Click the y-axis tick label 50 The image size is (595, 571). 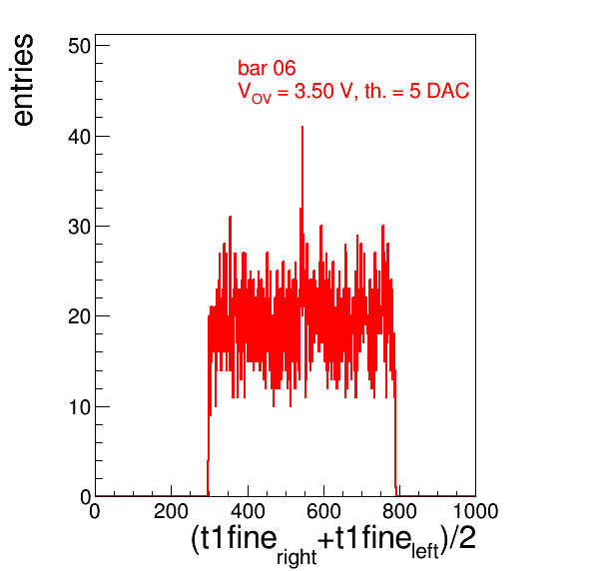coord(80,47)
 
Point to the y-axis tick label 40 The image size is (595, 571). coord(80,137)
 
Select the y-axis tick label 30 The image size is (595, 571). coord(80,227)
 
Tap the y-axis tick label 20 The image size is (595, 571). coord(80,316)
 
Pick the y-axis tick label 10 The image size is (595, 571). coord(80,407)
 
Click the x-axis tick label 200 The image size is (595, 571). coord(171,511)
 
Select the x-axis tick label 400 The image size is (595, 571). coord(248,511)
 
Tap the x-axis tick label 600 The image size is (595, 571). coord(323,511)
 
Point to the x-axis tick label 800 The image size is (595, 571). coord(399,511)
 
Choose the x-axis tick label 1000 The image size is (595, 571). coord(475,511)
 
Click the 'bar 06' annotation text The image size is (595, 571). coord(267,68)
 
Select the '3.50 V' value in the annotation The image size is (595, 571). coord(322,91)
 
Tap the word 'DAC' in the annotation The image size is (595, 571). coord(448,91)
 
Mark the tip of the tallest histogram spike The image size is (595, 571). coord(302,127)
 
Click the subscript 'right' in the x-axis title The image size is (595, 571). coord(297,557)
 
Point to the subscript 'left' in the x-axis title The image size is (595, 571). coord(425,551)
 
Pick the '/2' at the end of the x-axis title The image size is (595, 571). coord(462,538)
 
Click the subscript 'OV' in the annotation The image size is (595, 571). coord(262,99)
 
